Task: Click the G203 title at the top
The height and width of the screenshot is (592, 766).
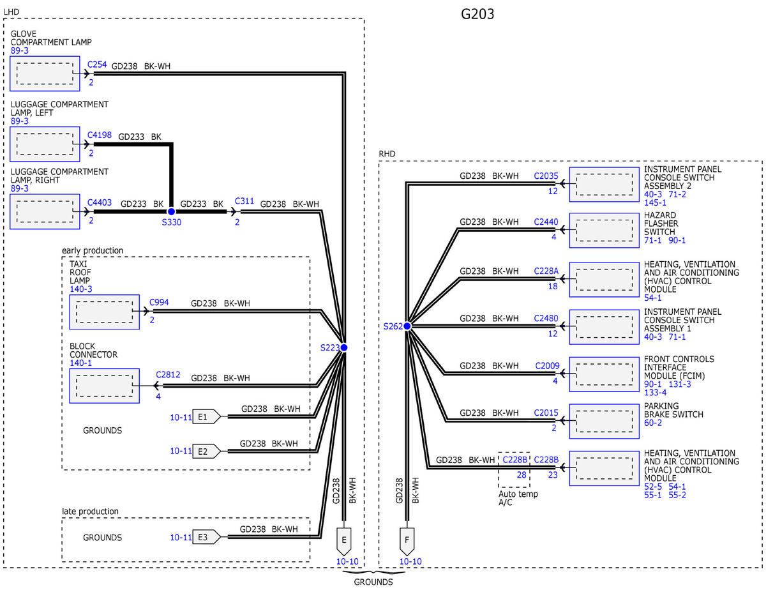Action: tap(477, 14)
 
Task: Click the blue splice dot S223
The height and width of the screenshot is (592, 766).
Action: tap(344, 347)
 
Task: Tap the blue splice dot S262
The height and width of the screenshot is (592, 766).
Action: tap(407, 326)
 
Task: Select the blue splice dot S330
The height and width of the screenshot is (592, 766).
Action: tap(171, 211)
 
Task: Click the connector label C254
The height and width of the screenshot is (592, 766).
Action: tap(97, 65)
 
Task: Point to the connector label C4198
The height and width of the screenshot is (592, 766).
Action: tap(100, 135)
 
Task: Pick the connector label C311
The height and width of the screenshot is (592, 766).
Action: tap(244, 201)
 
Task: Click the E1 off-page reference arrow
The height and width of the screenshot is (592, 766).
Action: tap(207, 417)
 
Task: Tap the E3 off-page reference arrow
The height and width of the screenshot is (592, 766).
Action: tap(207, 537)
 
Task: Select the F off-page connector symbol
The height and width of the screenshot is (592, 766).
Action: tap(407, 541)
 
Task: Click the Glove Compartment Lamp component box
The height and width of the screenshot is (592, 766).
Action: tap(45, 73)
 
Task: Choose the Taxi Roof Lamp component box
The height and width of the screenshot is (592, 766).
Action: tap(104, 312)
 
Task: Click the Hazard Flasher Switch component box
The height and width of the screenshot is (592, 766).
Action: tap(605, 231)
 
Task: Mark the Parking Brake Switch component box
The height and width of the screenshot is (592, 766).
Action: tap(605, 421)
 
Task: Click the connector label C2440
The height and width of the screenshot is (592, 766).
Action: tap(546, 222)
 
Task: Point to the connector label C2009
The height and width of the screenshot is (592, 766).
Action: tap(547, 366)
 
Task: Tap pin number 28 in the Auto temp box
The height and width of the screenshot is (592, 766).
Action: tap(522, 475)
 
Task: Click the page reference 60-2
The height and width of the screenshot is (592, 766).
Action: tap(653, 423)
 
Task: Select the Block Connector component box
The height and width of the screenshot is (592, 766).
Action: tap(104, 386)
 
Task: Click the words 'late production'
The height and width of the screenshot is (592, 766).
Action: tap(90, 512)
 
